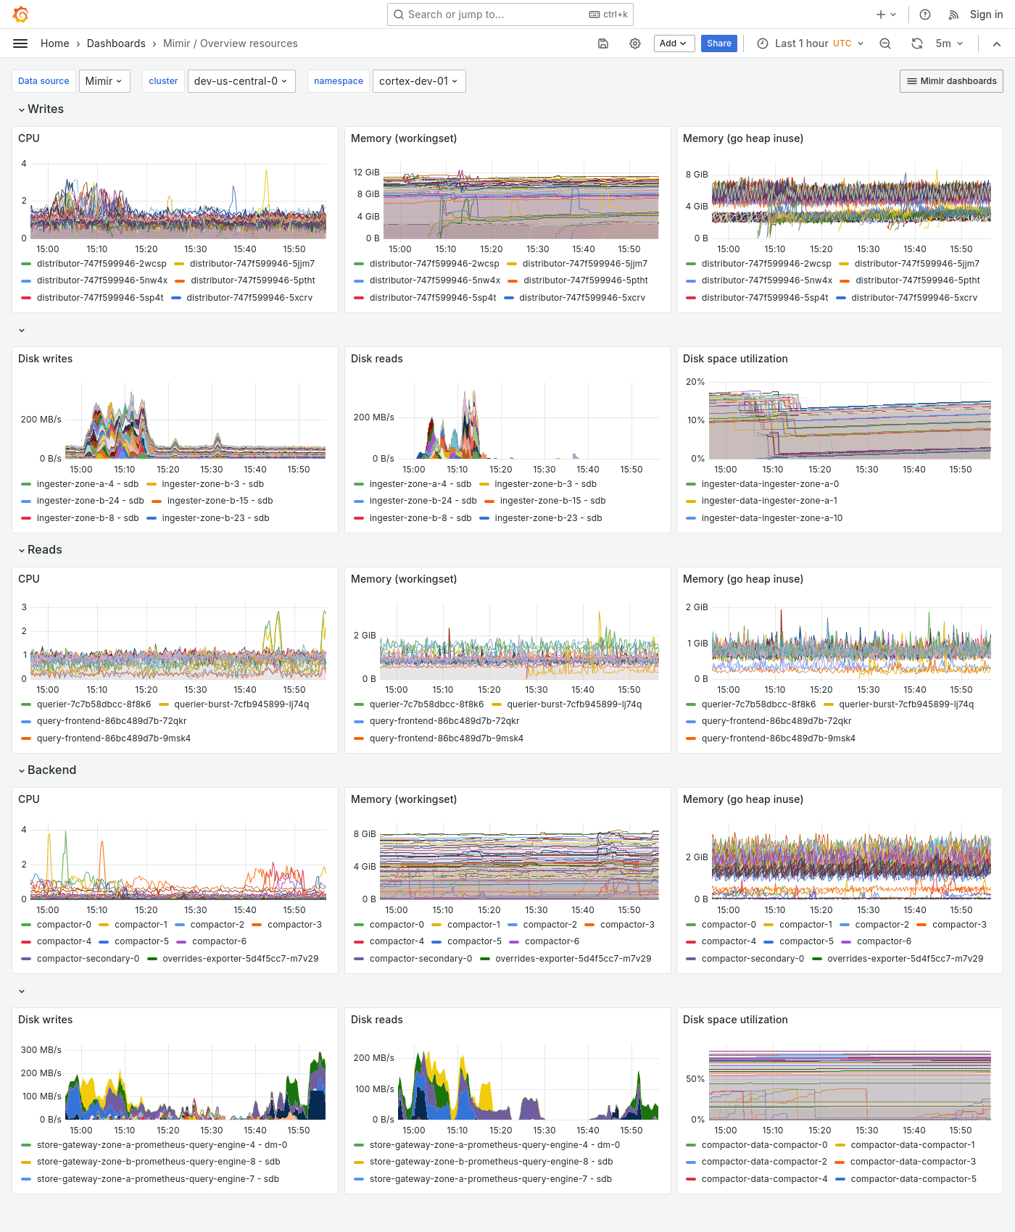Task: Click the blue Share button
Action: pyautogui.click(x=718, y=43)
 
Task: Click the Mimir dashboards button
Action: pyautogui.click(x=951, y=81)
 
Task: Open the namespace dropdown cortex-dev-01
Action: pyautogui.click(x=418, y=81)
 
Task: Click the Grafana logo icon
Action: pyautogui.click(x=21, y=14)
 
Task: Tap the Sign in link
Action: pyautogui.click(x=986, y=14)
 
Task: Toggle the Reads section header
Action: pyautogui.click(x=44, y=549)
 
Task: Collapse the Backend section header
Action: pyautogui.click(x=51, y=770)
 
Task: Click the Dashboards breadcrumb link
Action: pyautogui.click(x=116, y=43)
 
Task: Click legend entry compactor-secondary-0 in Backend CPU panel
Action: pyautogui.click(x=88, y=959)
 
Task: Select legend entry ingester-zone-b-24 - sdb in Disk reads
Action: pyautogui.click(x=423, y=501)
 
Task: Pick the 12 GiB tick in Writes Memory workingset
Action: pyautogui.click(x=366, y=172)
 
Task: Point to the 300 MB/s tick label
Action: pyautogui.click(x=41, y=1049)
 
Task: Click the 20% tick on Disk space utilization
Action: pyautogui.click(x=695, y=382)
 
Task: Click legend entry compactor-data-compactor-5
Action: pyautogui.click(x=913, y=1179)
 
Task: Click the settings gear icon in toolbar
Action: pyautogui.click(x=635, y=43)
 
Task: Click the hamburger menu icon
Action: pyautogui.click(x=20, y=43)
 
